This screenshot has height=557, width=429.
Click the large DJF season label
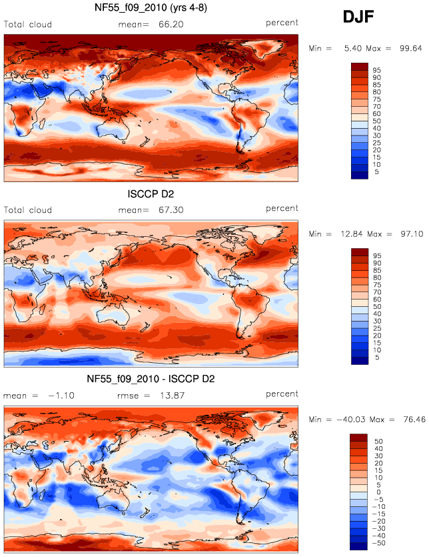pyautogui.click(x=358, y=17)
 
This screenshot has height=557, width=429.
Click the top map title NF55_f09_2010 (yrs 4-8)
pyautogui.click(x=151, y=7)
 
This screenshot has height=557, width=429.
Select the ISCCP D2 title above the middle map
pyautogui.click(x=151, y=194)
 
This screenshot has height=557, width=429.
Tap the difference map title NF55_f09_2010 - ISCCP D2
pyautogui.click(x=151, y=379)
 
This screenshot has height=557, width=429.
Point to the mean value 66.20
pyautogui.click(x=171, y=24)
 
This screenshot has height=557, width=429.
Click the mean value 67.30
pyautogui.click(x=171, y=210)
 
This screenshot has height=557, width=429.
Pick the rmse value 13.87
pyautogui.click(x=172, y=396)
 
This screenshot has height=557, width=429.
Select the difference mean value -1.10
pyautogui.click(x=61, y=396)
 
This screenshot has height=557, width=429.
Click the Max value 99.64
pyautogui.click(x=411, y=48)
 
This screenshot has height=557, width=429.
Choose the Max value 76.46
pyautogui.click(x=414, y=420)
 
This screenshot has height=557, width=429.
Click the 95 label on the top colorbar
pyautogui.click(x=377, y=70)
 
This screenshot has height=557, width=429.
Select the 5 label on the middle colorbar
pyautogui.click(x=377, y=358)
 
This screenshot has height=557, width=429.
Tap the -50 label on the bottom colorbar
pyautogui.click(x=378, y=543)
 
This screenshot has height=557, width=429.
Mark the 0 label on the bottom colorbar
pyautogui.click(x=378, y=492)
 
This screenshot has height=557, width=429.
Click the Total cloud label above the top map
pyautogui.click(x=28, y=25)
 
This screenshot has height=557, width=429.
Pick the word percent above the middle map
pyautogui.click(x=282, y=209)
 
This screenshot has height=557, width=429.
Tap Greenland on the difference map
pyautogui.click(x=262, y=419)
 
